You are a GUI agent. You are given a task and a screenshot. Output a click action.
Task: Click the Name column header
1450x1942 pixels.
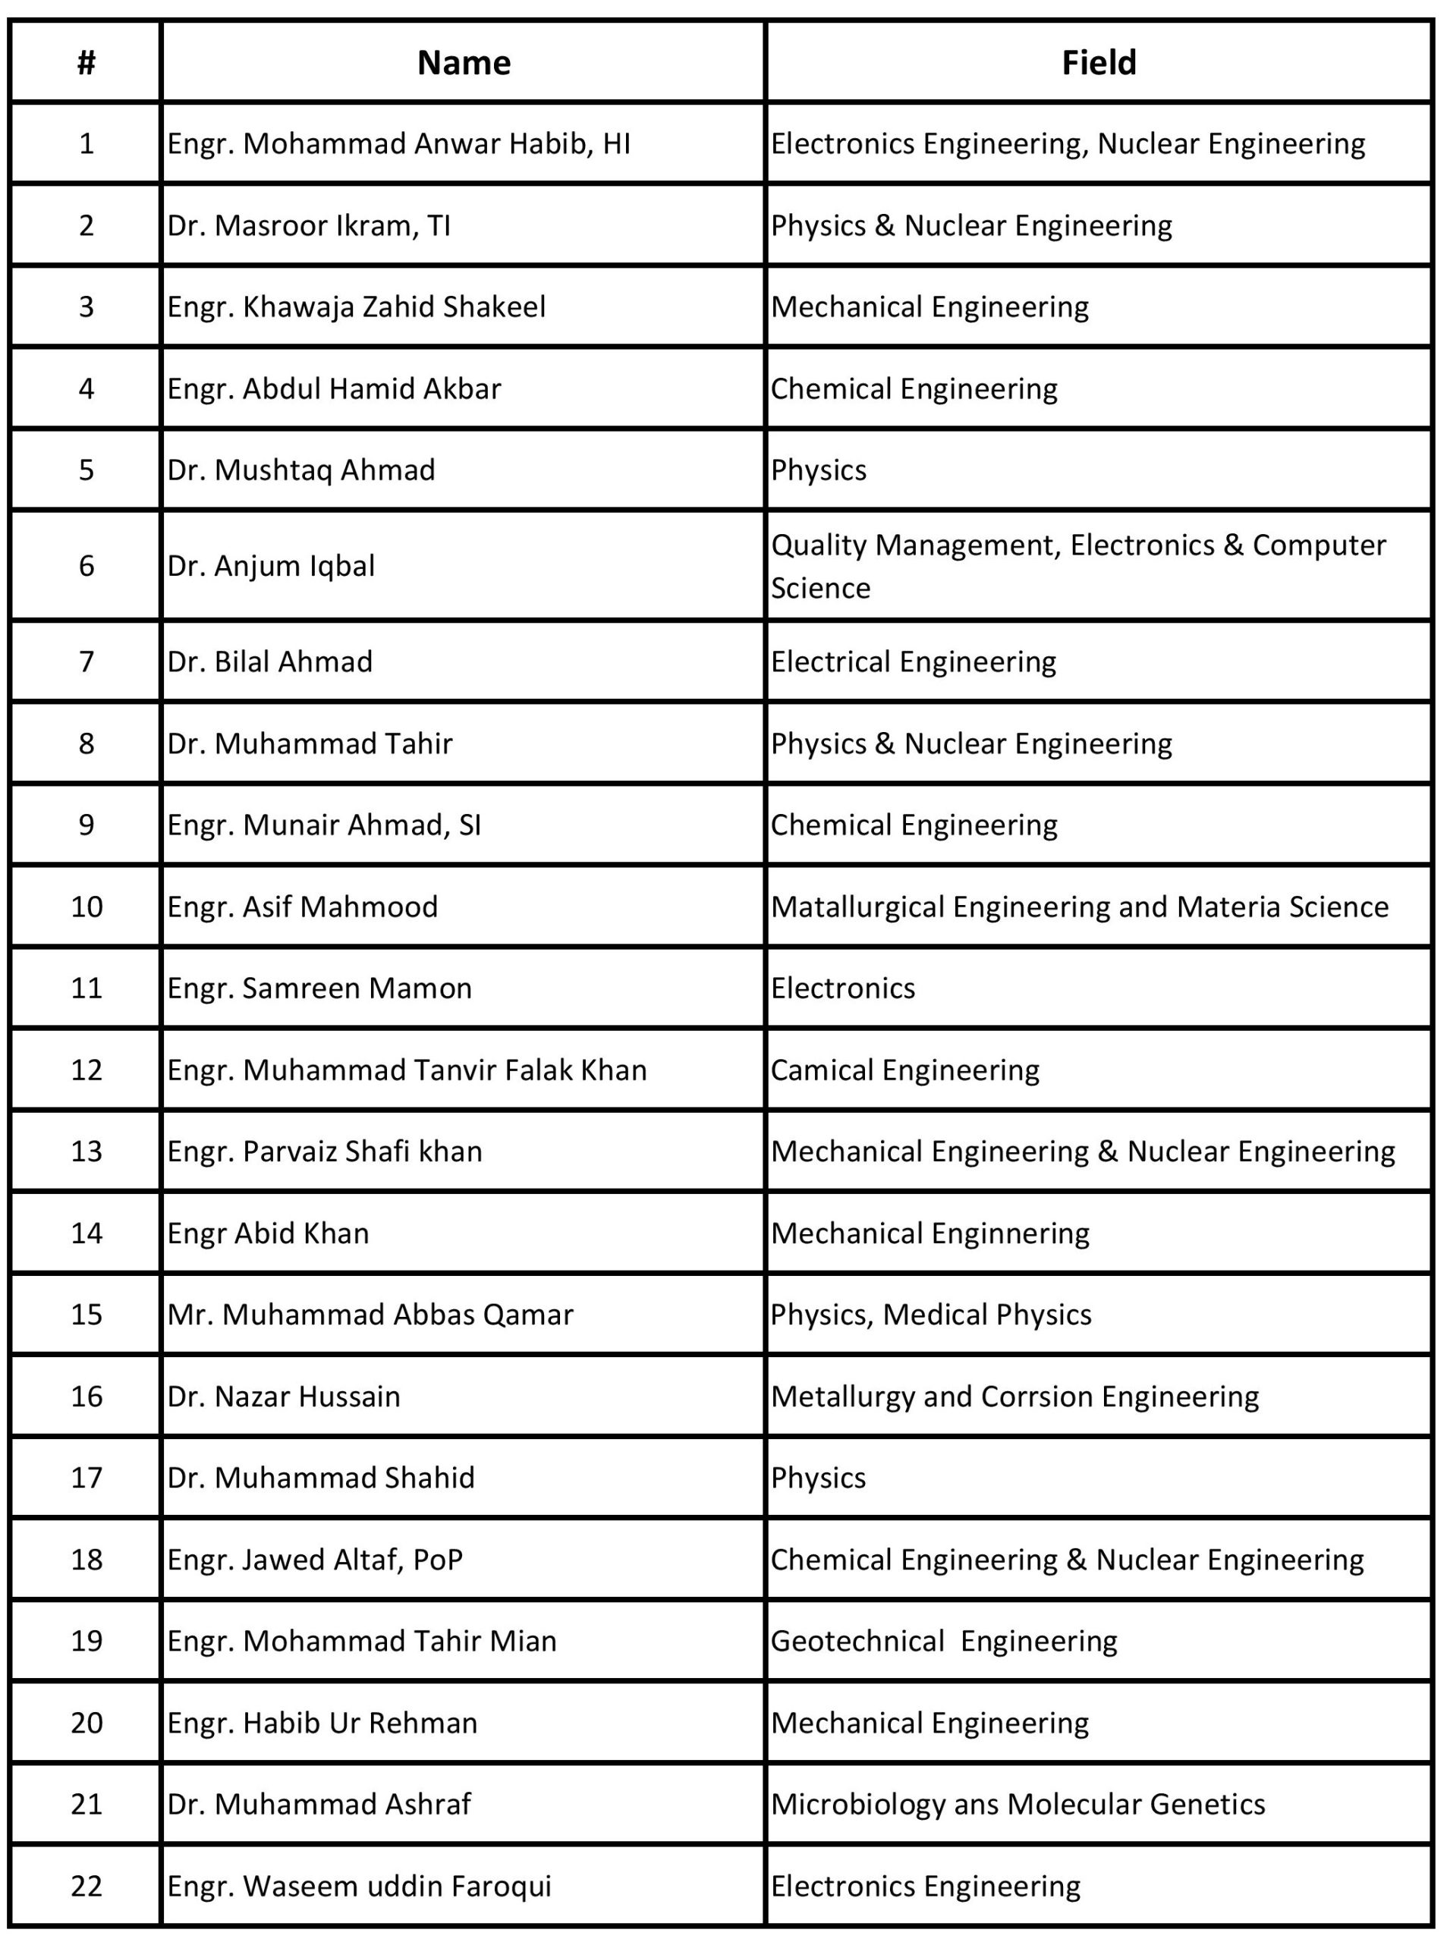[464, 63]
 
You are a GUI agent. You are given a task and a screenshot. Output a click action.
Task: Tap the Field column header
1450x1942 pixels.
[1098, 63]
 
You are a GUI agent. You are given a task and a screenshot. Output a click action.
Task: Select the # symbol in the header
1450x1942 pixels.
[86, 63]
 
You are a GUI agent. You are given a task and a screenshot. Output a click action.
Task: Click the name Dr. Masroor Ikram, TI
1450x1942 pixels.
[309, 225]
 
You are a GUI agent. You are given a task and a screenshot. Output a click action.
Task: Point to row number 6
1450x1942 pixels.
[86, 566]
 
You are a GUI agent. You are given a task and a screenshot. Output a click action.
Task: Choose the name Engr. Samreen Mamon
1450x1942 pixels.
[319, 988]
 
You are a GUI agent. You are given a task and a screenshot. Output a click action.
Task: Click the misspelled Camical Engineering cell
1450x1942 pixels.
[905, 1070]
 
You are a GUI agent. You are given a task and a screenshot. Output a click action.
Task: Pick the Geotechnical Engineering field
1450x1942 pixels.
[944, 1641]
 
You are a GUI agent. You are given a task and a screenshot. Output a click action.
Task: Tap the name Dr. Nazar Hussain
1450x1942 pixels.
[284, 1396]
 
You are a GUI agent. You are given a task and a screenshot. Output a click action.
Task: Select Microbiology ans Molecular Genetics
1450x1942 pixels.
[1018, 1804]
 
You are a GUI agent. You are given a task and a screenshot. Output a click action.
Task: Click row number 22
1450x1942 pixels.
[86, 1886]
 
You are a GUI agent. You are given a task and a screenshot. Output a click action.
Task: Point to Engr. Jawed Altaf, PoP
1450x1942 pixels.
[315, 1560]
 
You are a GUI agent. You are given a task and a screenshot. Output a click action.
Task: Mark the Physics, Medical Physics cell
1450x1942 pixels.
[931, 1315]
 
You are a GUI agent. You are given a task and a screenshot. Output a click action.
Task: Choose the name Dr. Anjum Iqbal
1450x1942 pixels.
[271, 566]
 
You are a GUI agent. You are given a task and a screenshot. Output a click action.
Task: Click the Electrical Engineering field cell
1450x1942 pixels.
[914, 661]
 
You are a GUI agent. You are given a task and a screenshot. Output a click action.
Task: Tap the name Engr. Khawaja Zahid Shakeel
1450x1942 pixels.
[357, 307]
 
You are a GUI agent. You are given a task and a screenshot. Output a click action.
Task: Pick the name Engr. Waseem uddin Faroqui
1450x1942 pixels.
[359, 1886]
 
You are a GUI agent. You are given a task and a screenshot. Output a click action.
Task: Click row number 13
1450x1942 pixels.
[86, 1152]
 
